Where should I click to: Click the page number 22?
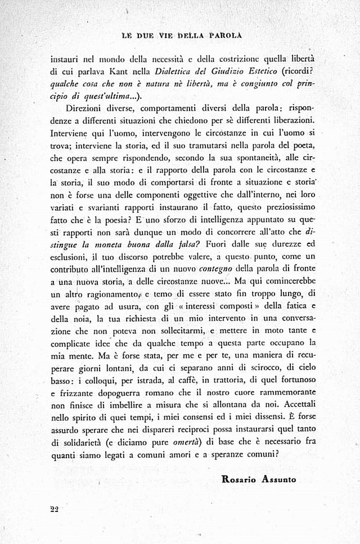pyautogui.click(x=54, y=509)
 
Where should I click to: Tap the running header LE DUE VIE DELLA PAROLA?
pyautogui.click(x=182, y=35)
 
